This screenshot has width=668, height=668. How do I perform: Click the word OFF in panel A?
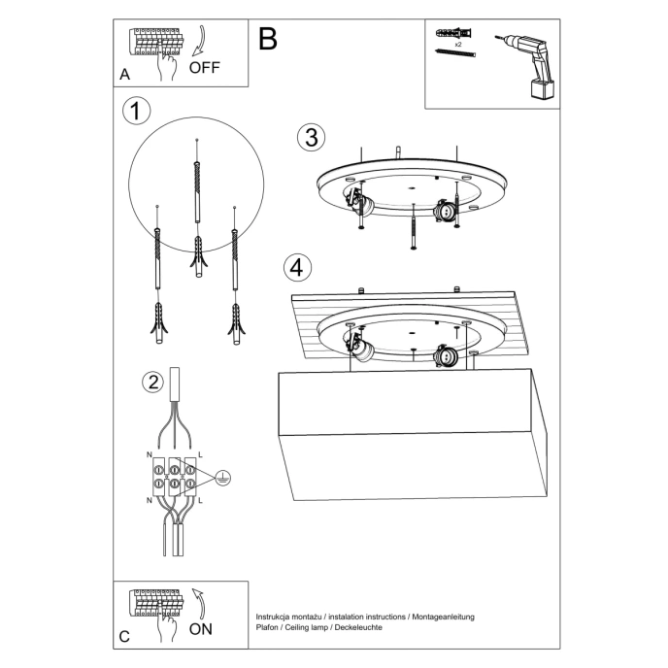click(206, 68)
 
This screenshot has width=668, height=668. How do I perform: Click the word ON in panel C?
click(201, 629)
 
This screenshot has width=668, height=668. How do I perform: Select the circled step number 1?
click(137, 111)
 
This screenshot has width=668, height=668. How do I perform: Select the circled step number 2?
click(151, 382)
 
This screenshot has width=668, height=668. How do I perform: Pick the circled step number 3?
click(310, 137)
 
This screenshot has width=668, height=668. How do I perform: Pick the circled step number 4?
click(298, 265)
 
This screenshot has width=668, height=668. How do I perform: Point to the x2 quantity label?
click(457, 45)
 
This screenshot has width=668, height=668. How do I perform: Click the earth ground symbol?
click(222, 478)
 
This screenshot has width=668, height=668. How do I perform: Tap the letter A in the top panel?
click(124, 75)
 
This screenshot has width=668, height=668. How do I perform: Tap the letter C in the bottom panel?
click(123, 637)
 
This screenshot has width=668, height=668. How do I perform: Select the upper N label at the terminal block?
click(147, 454)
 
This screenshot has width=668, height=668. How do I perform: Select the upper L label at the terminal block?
click(200, 454)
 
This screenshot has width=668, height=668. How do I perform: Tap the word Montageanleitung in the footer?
click(442, 618)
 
